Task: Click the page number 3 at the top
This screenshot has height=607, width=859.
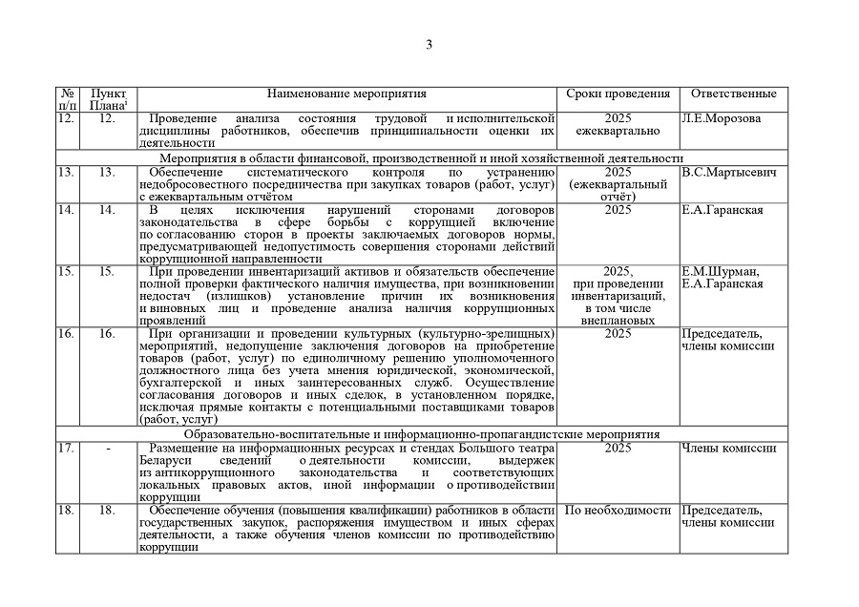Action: coord(429,44)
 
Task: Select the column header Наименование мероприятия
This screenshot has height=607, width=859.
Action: coord(346,94)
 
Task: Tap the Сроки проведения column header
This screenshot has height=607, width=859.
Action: coord(618,94)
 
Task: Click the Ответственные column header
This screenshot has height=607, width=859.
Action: coord(733,94)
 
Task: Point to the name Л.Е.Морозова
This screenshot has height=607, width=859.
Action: coord(722,118)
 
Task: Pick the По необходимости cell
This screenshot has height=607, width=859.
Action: coord(618,510)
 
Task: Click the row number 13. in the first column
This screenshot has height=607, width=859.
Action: coord(66,172)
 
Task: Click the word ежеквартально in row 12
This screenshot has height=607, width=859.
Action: coord(618,131)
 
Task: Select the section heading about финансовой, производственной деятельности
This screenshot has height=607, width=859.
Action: coord(421,157)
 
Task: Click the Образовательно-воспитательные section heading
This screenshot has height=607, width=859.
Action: coord(421,433)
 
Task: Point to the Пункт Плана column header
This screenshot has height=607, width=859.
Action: coord(107,99)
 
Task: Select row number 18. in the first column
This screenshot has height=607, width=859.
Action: coord(66,510)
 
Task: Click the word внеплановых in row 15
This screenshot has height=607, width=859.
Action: coord(618,321)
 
